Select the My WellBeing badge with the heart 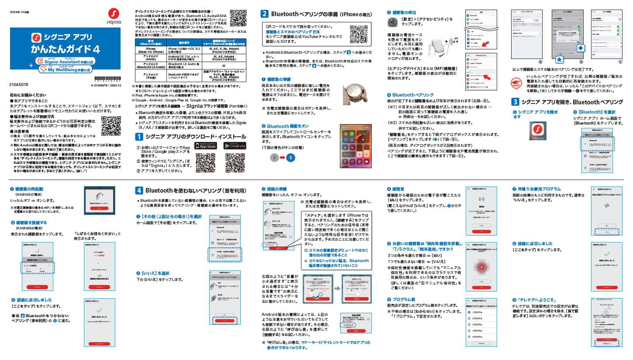(x=66, y=69)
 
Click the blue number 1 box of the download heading (x=138, y=136)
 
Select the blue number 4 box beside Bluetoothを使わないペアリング (x=138, y=190)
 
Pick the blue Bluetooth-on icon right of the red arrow (x=290, y=157)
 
